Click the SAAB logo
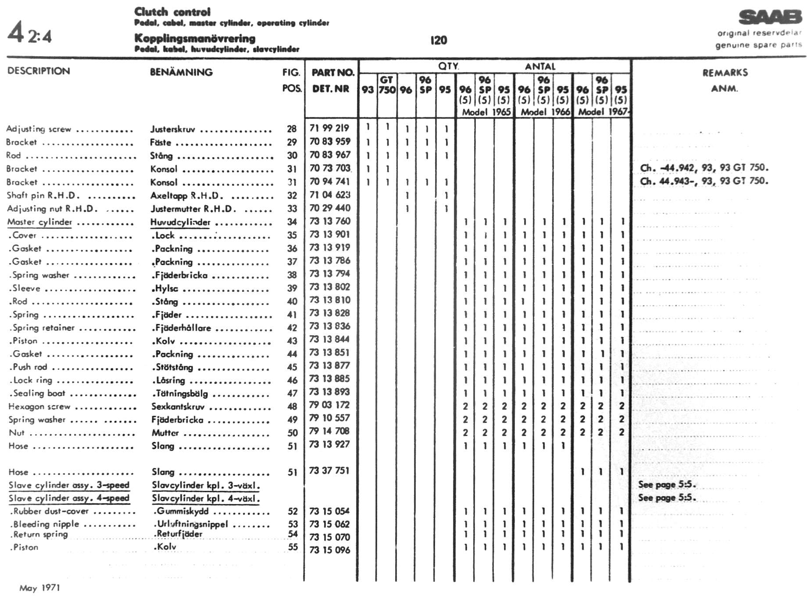(x=770, y=18)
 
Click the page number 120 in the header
(x=439, y=40)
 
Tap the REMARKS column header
(x=725, y=73)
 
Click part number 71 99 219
(x=329, y=128)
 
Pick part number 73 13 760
(x=330, y=221)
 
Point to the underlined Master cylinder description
(x=39, y=222)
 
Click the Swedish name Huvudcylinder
(x=180, y=222)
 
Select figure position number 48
(x=292, y=406)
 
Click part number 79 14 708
(x=329, y=431)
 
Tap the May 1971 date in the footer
(x=39, y=588)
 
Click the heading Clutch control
(x=172, y=12)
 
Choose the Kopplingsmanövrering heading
(x=195, y=38)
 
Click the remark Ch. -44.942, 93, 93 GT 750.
(x=704, y=167)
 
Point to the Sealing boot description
(x=39, y=393)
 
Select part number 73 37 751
(x=329, y=471)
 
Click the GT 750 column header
(x=386, y=85)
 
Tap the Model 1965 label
(x=486, y=112)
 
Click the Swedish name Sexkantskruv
(x=178, y=407)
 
